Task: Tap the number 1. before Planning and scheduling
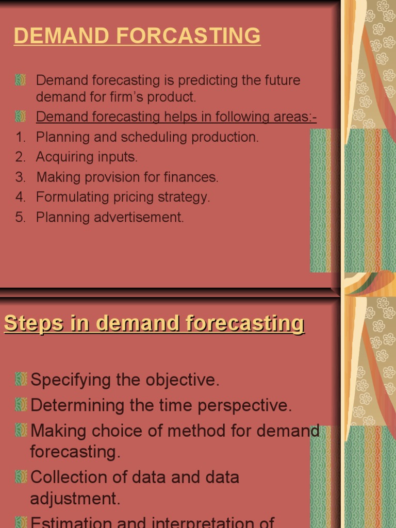click(x=21, y=137)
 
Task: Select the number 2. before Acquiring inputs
click(x=21, y=157)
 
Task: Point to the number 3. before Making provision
click(x=21, y=177)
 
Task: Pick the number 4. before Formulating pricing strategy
click(x=21, y=197)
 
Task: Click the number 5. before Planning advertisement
click(x=21, y=218)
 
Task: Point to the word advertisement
click(x=139, y=218)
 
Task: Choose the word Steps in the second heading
click(x=35, y=323)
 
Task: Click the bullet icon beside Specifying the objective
click(x=21, y=380)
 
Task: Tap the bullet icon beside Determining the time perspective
click(x=21, y=405)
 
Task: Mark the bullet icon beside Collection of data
click(x=21, y=477)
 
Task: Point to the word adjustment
click(x=75, y=499)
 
